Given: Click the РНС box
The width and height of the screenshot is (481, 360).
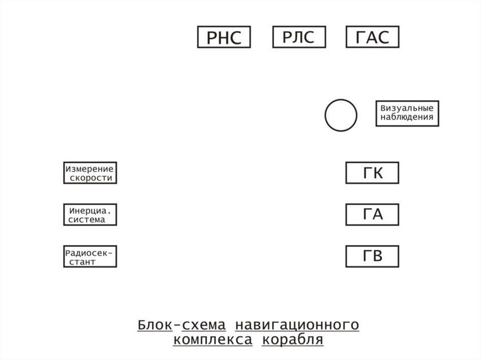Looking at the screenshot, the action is pos(224,37).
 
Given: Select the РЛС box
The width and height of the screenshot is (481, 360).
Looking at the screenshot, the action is pos(299,37).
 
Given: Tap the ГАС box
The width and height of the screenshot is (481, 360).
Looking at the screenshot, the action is pos(372,37).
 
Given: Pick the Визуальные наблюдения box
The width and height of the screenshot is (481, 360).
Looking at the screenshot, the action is pos(407,113).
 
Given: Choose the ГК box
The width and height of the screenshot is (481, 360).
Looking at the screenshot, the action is pos(372,173).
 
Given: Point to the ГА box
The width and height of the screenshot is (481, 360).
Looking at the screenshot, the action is pos(372,214).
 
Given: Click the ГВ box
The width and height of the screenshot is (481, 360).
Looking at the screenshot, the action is pos(372,256).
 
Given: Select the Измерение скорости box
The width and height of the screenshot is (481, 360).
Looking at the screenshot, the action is pos(90,173).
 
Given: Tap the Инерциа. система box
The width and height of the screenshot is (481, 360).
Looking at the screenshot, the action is pos(90,214).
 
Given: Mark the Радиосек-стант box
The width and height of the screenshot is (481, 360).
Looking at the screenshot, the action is pos(90,256).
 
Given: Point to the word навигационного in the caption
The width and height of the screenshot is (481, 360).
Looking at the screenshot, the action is pos(297,325).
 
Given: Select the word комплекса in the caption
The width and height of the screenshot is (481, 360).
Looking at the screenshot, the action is pos(212,340).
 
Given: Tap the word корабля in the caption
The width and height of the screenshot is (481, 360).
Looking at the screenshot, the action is pos(293,340).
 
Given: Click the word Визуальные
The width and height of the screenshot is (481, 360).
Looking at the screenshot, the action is pos(407,108).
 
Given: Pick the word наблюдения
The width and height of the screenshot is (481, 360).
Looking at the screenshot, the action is pos(407,118).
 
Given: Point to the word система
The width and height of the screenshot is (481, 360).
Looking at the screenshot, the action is pos(87,220).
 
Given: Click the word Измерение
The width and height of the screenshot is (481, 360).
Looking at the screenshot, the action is pos(89,168).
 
